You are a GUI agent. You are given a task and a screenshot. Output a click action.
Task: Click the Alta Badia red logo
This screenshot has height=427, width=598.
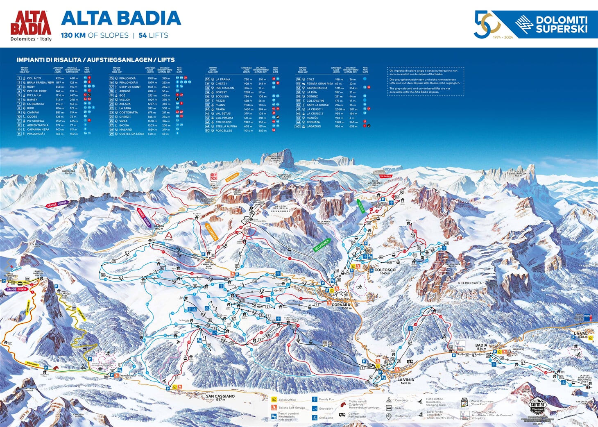(x=31, y=25)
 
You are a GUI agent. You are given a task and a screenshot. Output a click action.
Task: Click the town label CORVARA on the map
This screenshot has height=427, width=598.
(x=341, y=305)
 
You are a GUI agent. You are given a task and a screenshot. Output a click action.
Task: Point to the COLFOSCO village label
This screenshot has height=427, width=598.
(x=385, y=270)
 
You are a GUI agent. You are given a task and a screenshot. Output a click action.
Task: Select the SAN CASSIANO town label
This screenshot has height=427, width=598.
(x=220, y=396)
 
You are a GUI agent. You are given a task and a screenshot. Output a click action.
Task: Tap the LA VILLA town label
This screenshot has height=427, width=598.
(x=405, y=380)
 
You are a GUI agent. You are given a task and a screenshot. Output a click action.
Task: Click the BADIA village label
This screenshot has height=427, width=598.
(x=481, y=345)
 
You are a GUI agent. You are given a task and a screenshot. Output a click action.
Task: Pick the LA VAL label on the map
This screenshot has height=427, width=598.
(x=580, y=334)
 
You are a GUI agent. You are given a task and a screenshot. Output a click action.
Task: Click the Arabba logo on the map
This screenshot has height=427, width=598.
(x=168, y=237)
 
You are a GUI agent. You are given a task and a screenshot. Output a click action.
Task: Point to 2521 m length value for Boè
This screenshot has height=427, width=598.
(x=152, y=95)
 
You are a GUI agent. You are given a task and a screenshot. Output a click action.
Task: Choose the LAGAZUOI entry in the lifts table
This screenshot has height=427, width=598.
(x=314, y=126)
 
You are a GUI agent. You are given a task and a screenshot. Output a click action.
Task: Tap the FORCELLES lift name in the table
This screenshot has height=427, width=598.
(x=224, y=131)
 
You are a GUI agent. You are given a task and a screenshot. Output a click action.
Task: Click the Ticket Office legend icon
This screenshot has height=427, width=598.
(x=274, y=400)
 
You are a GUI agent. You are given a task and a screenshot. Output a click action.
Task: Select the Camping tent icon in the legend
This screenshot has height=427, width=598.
(x=389, y=400)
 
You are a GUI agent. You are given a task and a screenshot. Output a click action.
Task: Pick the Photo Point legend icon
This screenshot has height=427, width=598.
(x=389, y=416)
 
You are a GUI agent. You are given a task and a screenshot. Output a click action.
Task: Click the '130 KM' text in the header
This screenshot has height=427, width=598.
(x=73, y=35)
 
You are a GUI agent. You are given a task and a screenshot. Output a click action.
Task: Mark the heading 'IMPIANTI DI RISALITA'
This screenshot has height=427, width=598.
(x=49, y=60)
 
